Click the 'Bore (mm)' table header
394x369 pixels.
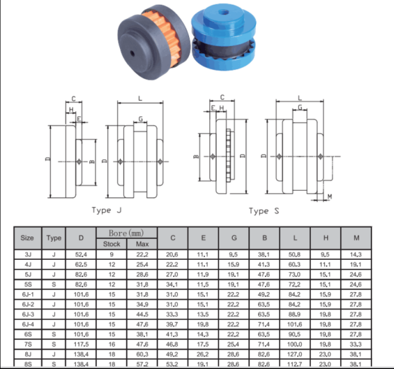(127, 233)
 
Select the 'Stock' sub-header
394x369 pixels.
(112, 244)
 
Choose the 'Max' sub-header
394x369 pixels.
(142, 244)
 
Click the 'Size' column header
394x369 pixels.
(27, 238)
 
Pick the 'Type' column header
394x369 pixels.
(54, 238)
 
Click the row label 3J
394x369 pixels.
(27, 255)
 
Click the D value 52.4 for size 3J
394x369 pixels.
(81, 255)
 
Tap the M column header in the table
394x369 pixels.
(356, 238)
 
